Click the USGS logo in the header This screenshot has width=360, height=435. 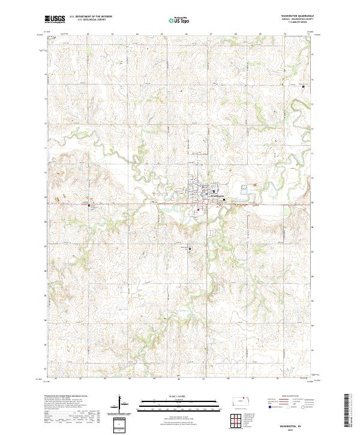[x=55, y=19]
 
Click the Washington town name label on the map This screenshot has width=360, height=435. [x=215, y=196]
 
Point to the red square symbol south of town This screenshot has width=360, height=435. [x=199, y=210]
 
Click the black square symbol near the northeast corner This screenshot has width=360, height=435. [x=304, y=87]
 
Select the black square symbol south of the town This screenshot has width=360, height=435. [x=190, y=248]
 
